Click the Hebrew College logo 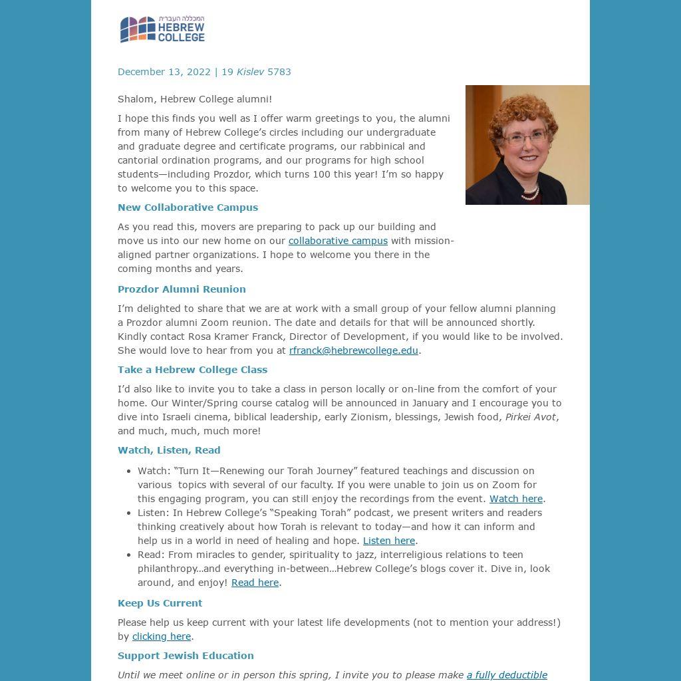tap(162, 29)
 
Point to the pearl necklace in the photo tap(529, 193)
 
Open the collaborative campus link tap(338, 241)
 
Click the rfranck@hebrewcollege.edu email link tap(353, 350)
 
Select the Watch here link tap(516, 499)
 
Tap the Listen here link tap(388, 541)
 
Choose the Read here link tap(255, 583)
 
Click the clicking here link tap(162, 636)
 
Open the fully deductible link tap(507, 675)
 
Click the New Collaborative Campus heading tap(188, 207)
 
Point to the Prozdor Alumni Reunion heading tap(182, 289)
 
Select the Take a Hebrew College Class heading tap(192, 370)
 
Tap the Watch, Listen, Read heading tap(169, 450)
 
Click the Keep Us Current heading tap(160, 603)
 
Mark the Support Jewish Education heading tap(186, 656)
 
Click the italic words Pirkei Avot tap(530, 417)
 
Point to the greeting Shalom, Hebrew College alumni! tap(195, 99)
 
